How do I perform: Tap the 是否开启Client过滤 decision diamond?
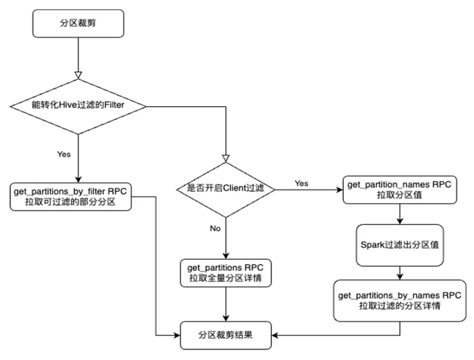click(x=226, y=189)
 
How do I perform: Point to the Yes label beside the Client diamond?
click(x=301, y=183)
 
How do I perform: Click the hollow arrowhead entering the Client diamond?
click(x=226, y=156)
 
